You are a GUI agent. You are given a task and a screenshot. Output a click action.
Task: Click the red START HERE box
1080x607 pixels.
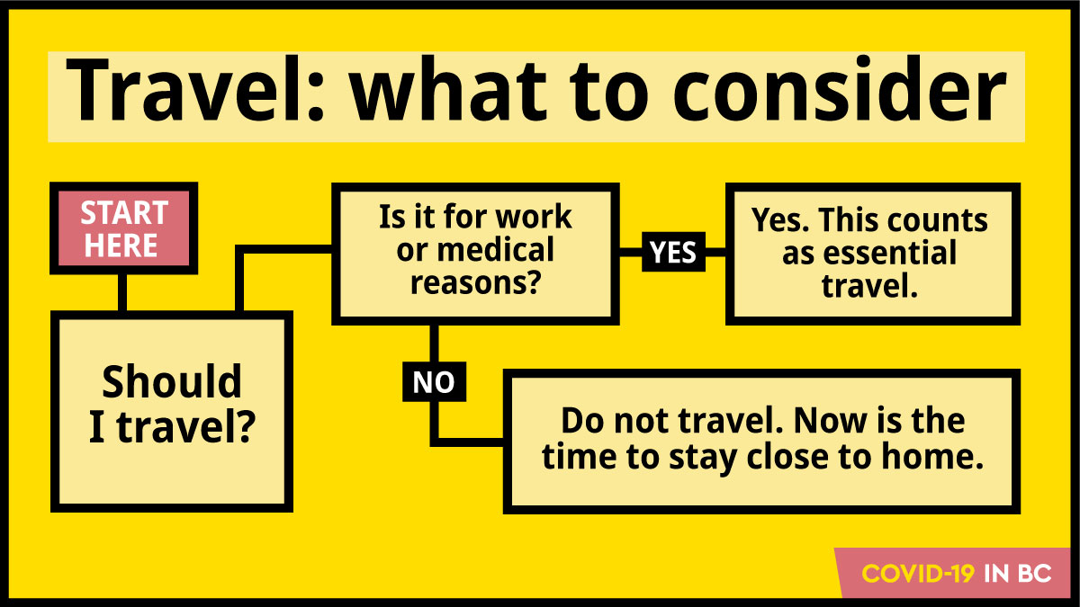[x=123, y=229]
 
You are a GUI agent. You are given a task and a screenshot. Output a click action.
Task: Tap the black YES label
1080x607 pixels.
[x=673, y=254]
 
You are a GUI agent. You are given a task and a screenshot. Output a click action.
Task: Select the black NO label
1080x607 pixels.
[x=434, y=383]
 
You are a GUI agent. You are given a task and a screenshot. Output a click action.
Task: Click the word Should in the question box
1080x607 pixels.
[x=171, y=382]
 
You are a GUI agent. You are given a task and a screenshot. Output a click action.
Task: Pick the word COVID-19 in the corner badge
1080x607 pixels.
[x=919, y=574]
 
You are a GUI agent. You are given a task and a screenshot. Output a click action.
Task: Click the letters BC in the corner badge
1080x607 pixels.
[x=1036, y=574]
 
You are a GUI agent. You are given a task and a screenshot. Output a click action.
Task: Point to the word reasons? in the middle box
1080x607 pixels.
[x=475, y=282]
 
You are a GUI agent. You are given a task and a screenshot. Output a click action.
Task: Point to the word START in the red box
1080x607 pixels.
[x=123, y=214]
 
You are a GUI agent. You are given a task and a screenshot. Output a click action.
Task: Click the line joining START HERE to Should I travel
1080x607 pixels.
[x=123, y=290]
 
